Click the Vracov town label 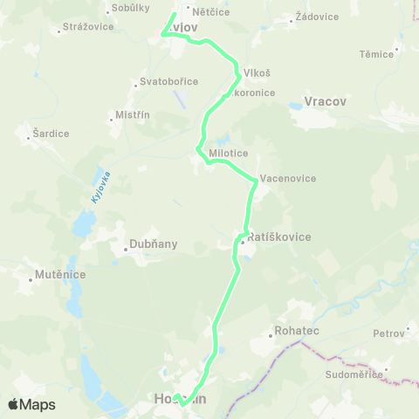(x=326, y=102)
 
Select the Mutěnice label (x=60, y=274)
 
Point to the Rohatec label (x=297, y=331)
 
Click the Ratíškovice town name (x=279, y=237)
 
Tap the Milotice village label (x=229, y=154)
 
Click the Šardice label (x=50, y=133)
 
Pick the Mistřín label (x=133, y=114)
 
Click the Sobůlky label (x=127, y=9)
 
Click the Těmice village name (x=376, y=53)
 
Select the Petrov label (x=388, y=333)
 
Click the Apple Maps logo (x=31, y=404)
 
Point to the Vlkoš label (x=257, y=73)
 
